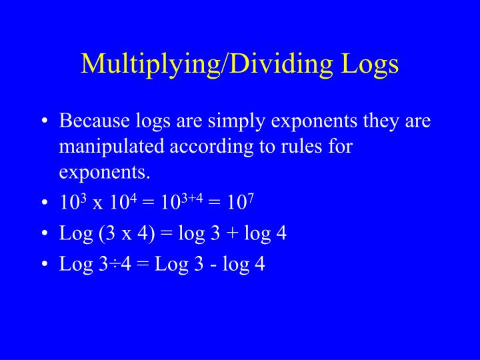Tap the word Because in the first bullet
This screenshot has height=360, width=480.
95,121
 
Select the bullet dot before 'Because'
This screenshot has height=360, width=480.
43,122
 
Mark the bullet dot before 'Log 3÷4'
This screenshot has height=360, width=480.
43,265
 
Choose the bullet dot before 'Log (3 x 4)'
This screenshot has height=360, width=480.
43,233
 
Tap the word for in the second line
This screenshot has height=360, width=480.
339,147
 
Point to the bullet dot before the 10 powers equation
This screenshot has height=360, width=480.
43,203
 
